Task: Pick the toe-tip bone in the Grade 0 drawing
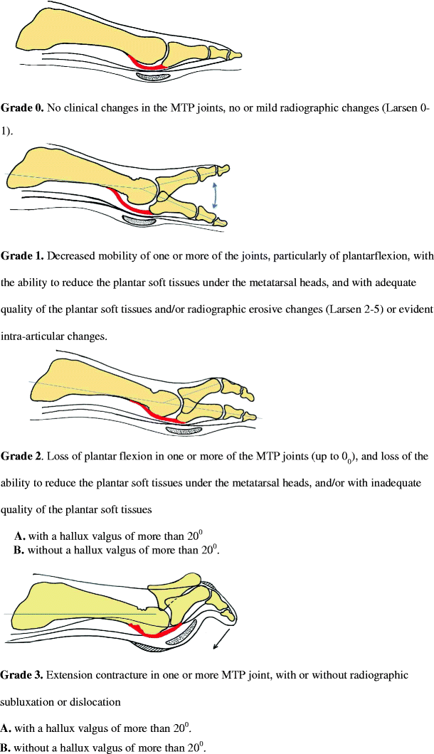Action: tap(235, 54)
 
